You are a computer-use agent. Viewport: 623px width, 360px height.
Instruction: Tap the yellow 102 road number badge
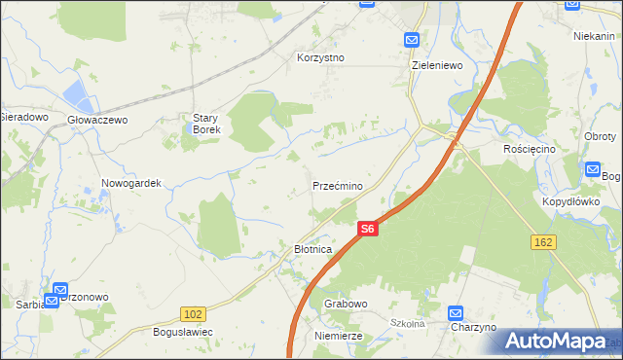coord(193,314)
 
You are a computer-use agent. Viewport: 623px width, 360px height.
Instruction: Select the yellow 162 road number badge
coord(543,240)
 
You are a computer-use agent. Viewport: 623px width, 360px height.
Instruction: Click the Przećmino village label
coord(338,186)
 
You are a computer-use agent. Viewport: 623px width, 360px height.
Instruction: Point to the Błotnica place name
coord(313,250)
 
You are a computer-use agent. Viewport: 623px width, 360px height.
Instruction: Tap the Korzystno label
coord(321,57)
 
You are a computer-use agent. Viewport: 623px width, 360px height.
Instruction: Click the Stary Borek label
coord(206,124)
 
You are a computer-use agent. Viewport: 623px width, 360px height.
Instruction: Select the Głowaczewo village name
coord(97,120)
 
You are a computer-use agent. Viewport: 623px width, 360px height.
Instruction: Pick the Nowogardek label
coord(130,183)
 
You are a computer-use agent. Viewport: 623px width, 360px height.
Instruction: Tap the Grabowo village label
coord(345,304)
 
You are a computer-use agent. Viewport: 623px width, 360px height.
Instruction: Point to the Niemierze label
coord(339,335)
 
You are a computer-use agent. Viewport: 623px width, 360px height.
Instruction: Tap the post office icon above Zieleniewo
coord(411,40)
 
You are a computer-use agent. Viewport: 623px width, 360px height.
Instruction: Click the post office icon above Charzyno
coord(456,312)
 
